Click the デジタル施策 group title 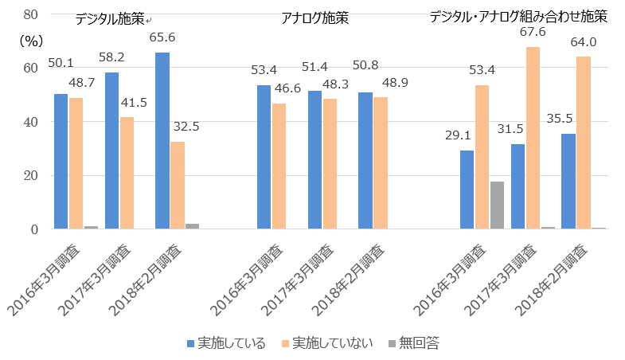click(x=109, y=20)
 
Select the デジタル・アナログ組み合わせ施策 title click(x=518, y=17)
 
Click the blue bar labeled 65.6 click(x=162, y=141)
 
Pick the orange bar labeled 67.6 click(x=533, y=138)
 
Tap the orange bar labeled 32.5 click(x=177, y=186)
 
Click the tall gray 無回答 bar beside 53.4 click(x=497, y=205)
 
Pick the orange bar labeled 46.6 click(x=279, y=166)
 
